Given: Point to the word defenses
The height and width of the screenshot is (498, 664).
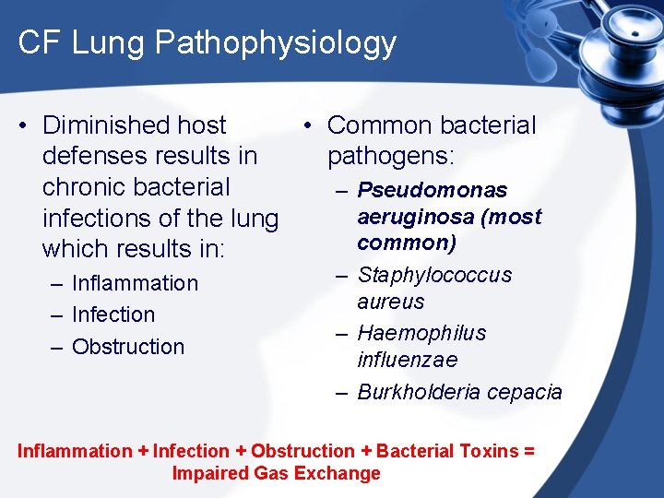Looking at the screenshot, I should pyautogui.click(x=100, y=156).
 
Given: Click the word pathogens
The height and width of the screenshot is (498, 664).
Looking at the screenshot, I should pyautogui.click(x=391, y=156).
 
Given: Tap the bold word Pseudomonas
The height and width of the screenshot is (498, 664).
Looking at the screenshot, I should pyautogui.click(x=433, y=191).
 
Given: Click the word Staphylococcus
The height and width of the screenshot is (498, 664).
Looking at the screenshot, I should pyautogui.click(x=434, y=276).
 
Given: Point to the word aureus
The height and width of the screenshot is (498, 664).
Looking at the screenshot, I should pyautogui.click(x=391, y=302).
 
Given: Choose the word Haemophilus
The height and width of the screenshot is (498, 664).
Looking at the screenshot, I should pyautogui.click(x=421, y=333).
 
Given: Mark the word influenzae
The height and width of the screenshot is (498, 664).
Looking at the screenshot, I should pyautogui.click(x=408, y=360).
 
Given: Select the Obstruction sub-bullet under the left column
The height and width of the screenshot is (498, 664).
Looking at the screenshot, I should pyautogui.click(x=128, y=347).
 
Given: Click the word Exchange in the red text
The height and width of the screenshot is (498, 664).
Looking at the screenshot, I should pyautogui.click(x=346, y=473).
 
